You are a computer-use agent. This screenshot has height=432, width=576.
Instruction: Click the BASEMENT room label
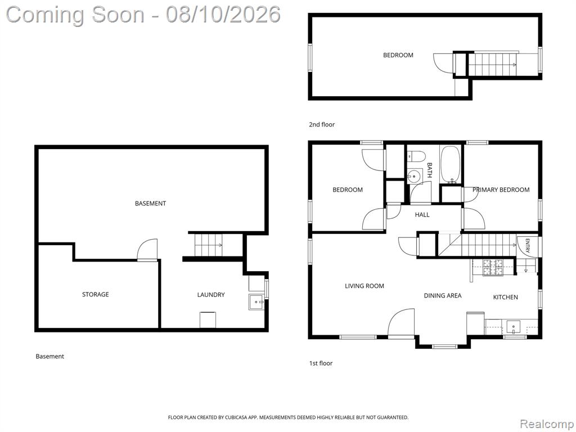pyautogui.click(x=150, y=204)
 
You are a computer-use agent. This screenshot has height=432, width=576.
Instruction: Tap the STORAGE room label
pyautogui.click(x=96, y=294)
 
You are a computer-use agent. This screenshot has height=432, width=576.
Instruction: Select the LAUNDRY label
pyautogui.click(x=211, y=295)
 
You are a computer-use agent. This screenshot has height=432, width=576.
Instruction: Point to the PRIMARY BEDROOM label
pyautogui.click(x=501, y=190)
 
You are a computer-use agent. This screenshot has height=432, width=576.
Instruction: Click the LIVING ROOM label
pyautogui.click(x=364, y=286)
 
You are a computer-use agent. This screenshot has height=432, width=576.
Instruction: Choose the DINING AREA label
pyautogui.click(x=443, y=295)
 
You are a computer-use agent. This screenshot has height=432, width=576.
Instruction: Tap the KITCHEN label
pyautogui.click(x=506, y=297)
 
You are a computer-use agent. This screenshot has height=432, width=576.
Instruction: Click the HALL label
pyautogui.click(x=422, y=214)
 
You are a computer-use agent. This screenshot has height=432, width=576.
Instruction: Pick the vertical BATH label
pyautogui.click(x=430, y=170)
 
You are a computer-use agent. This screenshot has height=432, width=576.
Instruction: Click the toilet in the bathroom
pyautogui.click(x=416, y=156)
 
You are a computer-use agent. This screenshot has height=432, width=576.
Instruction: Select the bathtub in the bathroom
pyautogui.click(x=449, y=165)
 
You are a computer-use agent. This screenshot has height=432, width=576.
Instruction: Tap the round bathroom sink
pyautogui.click(x=415, y=176)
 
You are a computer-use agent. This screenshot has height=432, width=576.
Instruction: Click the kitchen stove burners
pyautogui.click(x=493, y=267)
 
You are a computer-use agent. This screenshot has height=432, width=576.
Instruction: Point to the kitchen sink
pyautogui.click(x=513, y=326)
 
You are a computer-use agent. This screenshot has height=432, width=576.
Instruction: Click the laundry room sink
pyautogui.click(x=256, y=302)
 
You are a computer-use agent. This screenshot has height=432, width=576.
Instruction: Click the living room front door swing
pyautogui.click(x=401, y=322)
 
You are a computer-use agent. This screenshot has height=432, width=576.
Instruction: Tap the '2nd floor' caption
pyautogui.click(x=322, y=124)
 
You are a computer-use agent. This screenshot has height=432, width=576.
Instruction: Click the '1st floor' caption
pyautogui.click(x=321, y=363)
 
